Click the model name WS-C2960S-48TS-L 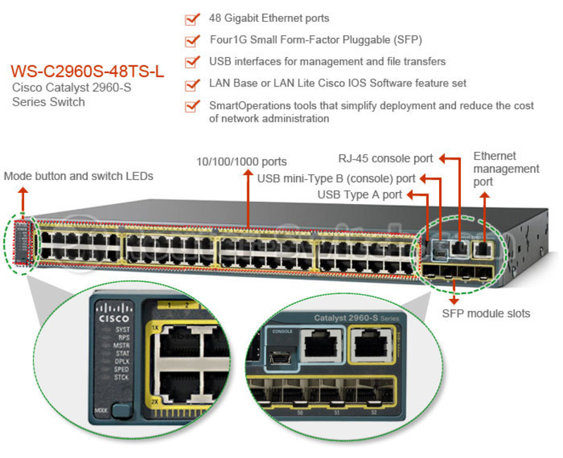pyautogui.click(x=87, y=72)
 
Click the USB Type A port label pyautogui.click(x=359, y=194)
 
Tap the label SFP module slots pyautogui.click(x=485, y=313)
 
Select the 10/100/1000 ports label pyautogui.click(x=241, y=162)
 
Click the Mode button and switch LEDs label pyautogui.click(x=78, y=176)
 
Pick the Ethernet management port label pyautogui.click(x=506, y=169)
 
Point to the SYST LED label pyautogui.click(x=123, y=329)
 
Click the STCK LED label pyautogui.click(x=122, y=378)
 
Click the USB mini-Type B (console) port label pyautogui.click(x=336, y=179)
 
